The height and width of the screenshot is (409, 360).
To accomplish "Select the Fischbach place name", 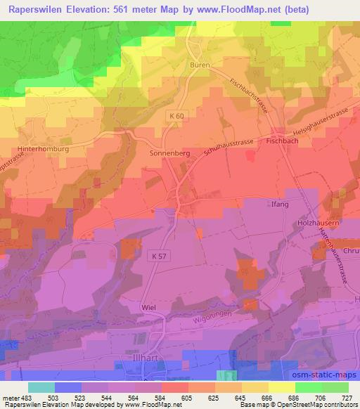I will [284, 140].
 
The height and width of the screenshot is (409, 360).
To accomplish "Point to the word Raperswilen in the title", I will [37, 9].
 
